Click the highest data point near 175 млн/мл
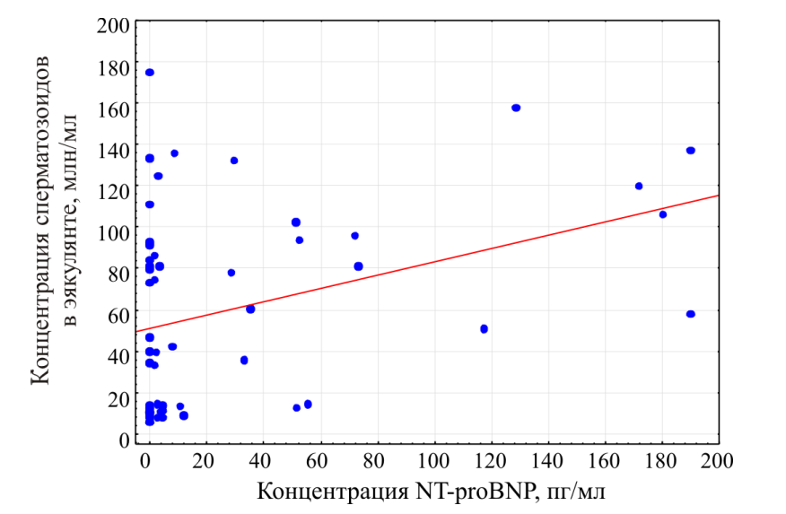point(150,73)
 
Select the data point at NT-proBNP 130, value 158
point(516,108)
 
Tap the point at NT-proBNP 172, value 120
point(639,187)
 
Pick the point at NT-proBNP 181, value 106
point(663,214)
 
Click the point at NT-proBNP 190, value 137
point(691,151)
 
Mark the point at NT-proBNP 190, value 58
point(691,314)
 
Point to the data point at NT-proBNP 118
point(485,329)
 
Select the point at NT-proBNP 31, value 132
point(234,161)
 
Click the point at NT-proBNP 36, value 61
point(250,309)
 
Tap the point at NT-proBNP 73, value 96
point(354,236)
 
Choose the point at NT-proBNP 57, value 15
point(308,405)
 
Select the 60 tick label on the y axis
point(118,315)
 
